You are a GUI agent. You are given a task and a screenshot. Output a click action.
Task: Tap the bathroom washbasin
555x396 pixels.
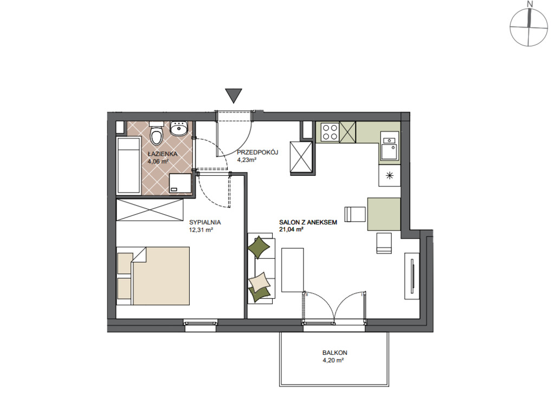click(x=179, y=129)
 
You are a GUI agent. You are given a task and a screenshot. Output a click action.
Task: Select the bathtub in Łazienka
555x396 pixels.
click(x=128, y=166)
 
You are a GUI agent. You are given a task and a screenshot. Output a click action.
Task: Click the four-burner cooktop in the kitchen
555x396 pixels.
click(x=330, y=132)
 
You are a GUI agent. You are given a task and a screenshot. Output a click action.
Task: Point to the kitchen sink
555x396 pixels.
click(x=390, y=146)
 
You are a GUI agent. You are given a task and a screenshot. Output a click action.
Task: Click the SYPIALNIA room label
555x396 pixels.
click(x=205, y=222)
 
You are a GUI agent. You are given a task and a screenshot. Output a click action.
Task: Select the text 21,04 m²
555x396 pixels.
click(x=291, y=229)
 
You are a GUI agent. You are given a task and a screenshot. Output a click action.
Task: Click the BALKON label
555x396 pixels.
click(x=334, y=353)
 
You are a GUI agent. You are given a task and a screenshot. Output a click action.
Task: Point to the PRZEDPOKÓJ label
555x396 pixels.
click(x=257, y=152)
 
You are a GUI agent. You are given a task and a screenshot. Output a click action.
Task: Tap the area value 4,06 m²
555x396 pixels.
click(x=158, y=161)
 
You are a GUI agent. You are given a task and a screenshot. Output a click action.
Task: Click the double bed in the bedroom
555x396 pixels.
click(x=153, y=276)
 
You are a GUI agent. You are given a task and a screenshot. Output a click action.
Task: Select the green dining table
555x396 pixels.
click(x=384, y=214)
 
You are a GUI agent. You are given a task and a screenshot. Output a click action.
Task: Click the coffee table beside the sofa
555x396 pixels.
click(x=292, y=270)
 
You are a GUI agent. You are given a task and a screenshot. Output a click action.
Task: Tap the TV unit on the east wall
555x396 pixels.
click(x=412, y=276)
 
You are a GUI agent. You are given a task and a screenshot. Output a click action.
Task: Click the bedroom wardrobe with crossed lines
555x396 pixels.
click(x=150, y=210)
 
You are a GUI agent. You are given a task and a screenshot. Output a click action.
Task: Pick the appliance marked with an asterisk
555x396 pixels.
click(x=389, y=176)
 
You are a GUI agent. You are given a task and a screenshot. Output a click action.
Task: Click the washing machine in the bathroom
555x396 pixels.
click(x=180, y=183)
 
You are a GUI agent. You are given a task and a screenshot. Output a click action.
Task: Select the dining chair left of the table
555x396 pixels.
click(x=355, y=214)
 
